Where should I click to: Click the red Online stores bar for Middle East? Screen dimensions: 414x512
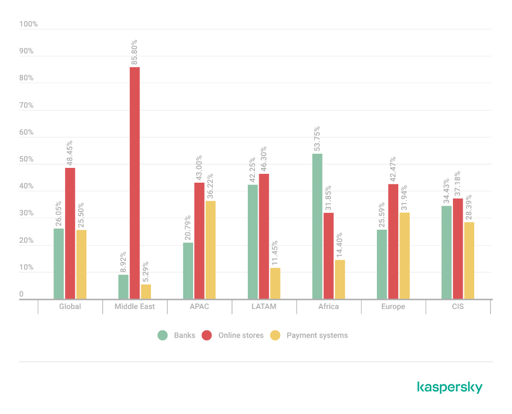pyautogui.click(x=135, y=183)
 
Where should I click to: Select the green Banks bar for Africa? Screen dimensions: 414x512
pyautogui.click(x=317, y=226)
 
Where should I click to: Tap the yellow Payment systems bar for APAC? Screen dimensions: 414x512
pyautogui.click(x=210, y=250)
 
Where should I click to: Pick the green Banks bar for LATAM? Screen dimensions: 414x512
pyautogui.click(x=253, y=242)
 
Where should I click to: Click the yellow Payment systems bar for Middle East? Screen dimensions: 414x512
pyautogui.click(x=146, y=291)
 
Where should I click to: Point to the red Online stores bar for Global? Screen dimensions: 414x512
pyautogui.click(x=70, y=234)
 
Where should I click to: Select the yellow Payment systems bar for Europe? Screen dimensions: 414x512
pyautogui.click(x=404, y=255)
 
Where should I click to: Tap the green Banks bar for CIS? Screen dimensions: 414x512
pyautogui.click(x=447, y=252)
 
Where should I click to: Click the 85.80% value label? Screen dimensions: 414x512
pyautogui.click(x=135, y=52)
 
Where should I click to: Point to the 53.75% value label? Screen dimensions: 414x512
pyautogui.click(x=317, y=139)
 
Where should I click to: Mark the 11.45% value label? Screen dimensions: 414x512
pyautogui.click(x=275, y=253)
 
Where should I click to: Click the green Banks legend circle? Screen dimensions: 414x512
pyautogui.click(x=162, y=335)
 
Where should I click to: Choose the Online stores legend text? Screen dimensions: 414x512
pyautogui.click(x=241, y=335)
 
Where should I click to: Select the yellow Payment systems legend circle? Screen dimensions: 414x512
pyautogui.click(x=276, y=335)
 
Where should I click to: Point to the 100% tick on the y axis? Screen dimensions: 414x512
pyautogui.click(x=28, y=25)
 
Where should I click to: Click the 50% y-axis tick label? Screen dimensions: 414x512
pyautogui.click(x=26, y=160)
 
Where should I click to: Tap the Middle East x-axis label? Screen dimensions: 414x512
pyautogui.click(x=135, y=307)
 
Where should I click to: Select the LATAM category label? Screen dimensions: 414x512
pyautogui.click(x=264, y=307)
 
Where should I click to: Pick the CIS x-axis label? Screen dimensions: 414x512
pyautogui.click(x=458, y=307)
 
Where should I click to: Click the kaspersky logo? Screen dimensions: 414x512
pyautogui.click(x=450, y=387)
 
